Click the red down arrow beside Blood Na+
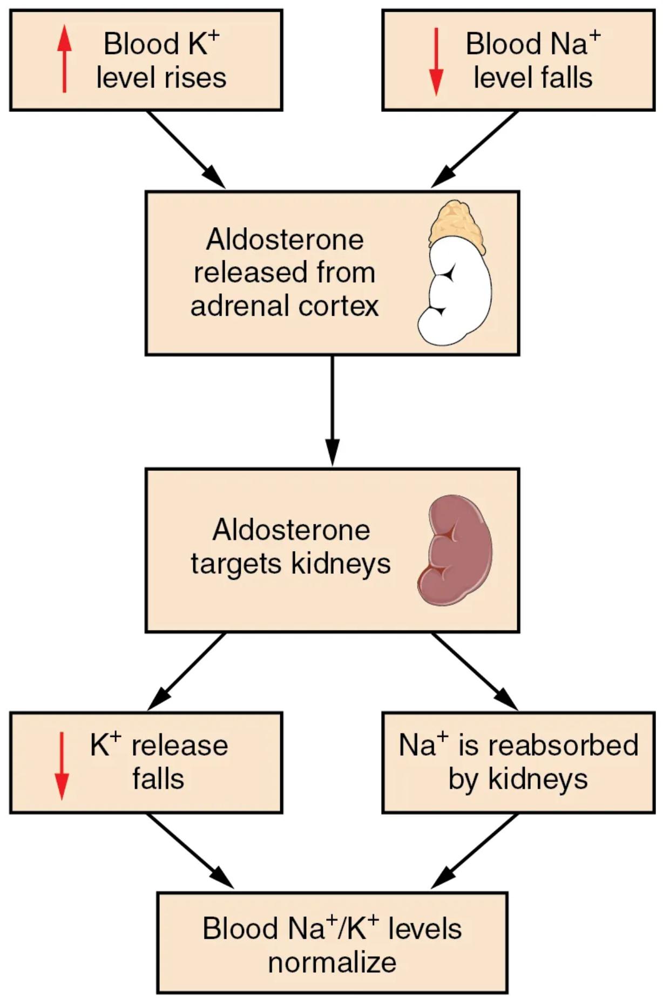[x=436, y=62]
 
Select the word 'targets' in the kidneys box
[x=236, y=564]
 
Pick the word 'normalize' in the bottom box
[x=332, y=962]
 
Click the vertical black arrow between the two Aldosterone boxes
[x=332, y=410]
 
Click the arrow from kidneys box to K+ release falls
[x=186, y=671]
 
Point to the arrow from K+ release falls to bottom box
[x=189, y=850]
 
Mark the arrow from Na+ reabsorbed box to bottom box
[x=475, y=850]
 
